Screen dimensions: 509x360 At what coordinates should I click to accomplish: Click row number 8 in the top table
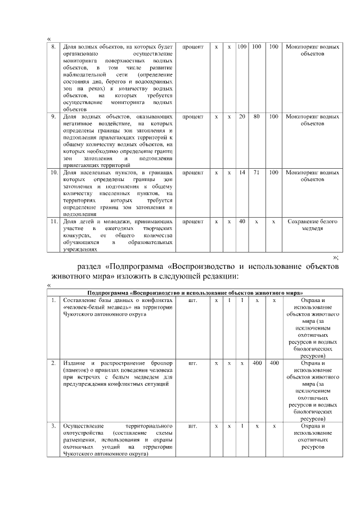(53, 46)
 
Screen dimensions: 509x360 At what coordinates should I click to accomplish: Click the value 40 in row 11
(242, 222)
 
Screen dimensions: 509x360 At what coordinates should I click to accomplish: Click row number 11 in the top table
(53, 222)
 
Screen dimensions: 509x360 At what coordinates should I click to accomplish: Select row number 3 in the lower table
(53, 426)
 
